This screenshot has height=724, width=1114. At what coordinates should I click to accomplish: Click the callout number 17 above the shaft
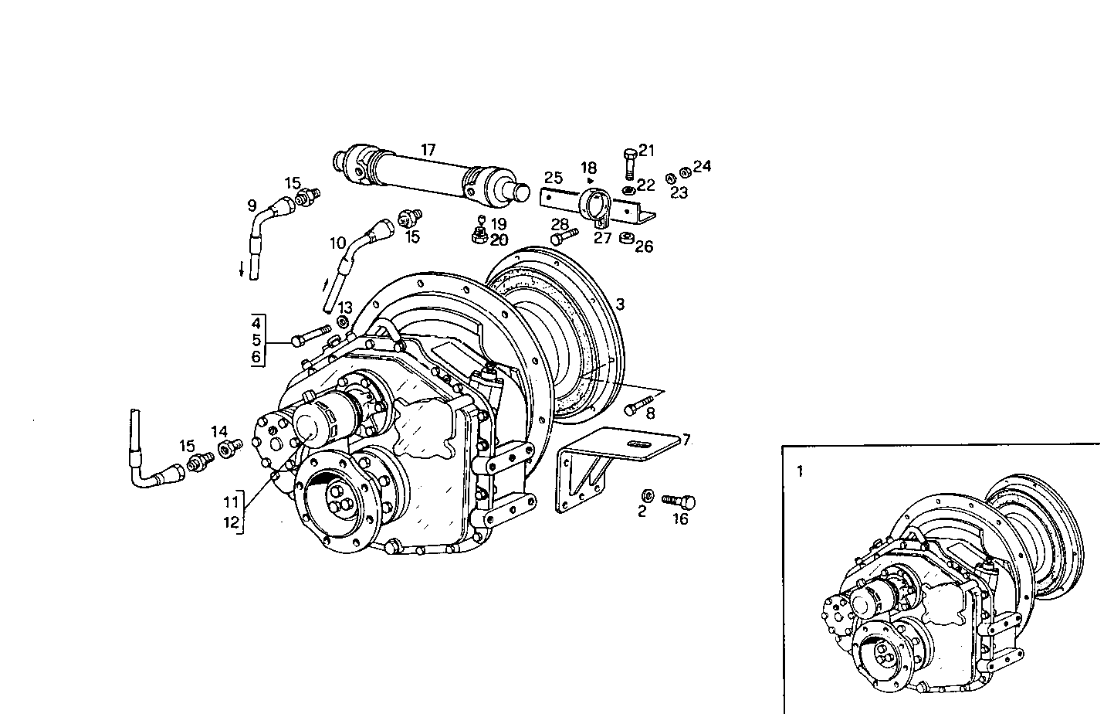coord(428,148)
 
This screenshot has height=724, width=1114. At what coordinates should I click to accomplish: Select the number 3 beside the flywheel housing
coord(621,304)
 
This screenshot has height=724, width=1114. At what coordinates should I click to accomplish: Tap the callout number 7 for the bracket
coord(686,440)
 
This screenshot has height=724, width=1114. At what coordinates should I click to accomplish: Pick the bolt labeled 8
coord(635,406)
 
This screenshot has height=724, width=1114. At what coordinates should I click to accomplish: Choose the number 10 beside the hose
coord(337,243)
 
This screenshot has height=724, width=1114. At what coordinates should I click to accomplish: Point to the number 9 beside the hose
coord(252,206)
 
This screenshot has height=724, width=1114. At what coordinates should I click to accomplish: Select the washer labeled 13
coord(343,320)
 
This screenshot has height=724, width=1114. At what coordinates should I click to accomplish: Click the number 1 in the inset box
coord(801,471)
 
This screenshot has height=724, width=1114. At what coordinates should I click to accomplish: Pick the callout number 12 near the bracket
coord(232,522)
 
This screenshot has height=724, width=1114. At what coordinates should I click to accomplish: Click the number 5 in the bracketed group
coord(256,340)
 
